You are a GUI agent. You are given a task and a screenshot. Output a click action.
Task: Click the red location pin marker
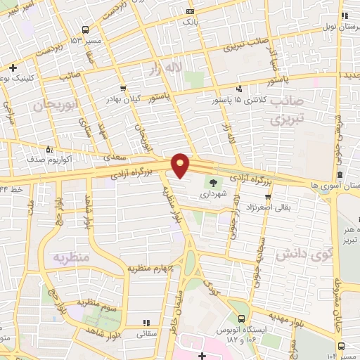[181, 165]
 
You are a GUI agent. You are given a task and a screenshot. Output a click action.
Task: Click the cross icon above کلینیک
[13, 67]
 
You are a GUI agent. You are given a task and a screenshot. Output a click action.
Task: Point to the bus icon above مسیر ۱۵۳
[86, 30]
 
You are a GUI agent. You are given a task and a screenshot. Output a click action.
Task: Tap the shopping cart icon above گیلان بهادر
[124, 89]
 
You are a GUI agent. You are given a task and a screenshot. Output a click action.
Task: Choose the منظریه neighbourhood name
[70, 258]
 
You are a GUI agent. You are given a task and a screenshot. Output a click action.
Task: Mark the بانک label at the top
[190, 22]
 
